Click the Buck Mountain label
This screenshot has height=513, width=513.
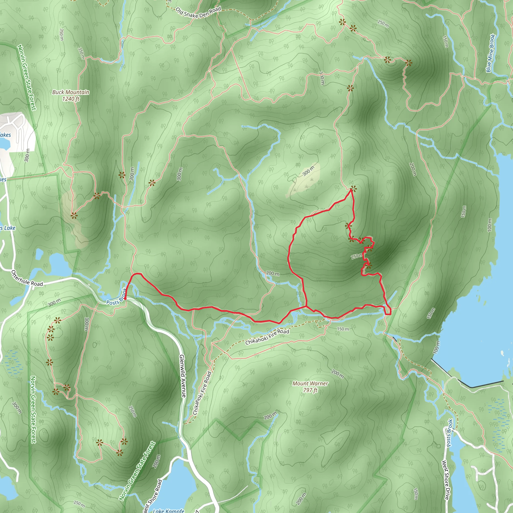point(71,92)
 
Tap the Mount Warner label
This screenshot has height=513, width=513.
point(310,383)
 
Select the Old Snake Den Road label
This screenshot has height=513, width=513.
point(198,13)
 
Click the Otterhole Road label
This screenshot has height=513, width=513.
point(27,278)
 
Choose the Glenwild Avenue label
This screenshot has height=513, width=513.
point(183,376)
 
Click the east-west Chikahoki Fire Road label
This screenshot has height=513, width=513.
point(267,337)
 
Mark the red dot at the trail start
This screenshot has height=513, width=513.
point(125,298)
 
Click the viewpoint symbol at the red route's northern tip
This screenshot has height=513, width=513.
point(353,189)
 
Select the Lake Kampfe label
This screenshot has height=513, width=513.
point(169,510)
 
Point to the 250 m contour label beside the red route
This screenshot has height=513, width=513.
point(357,256)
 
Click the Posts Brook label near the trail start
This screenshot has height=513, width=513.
point(116,300)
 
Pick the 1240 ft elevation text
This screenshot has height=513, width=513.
point(71,99)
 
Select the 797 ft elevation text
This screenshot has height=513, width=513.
point(310,390)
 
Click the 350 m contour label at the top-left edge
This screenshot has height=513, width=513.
point(62,35)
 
